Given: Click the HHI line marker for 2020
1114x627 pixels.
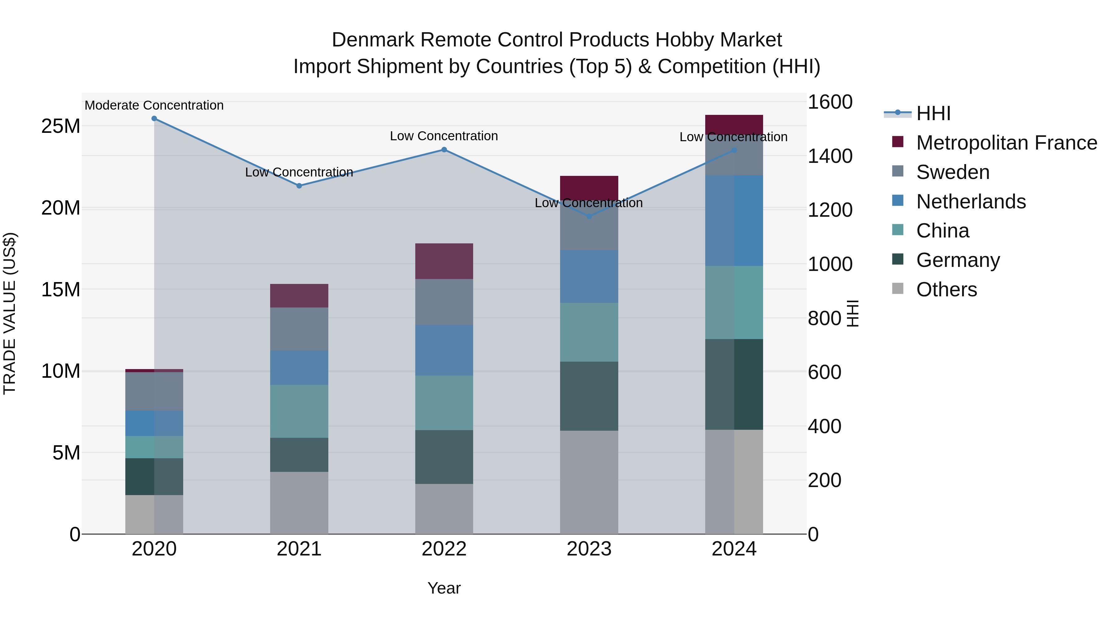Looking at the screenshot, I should point(154,119).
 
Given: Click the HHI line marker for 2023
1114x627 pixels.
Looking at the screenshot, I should point(589,216).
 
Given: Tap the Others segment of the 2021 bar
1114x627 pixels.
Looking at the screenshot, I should point(299,503).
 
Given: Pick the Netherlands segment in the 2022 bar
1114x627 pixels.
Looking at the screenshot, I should point(444,350).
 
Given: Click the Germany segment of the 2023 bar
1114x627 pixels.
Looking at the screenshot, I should point(589,396).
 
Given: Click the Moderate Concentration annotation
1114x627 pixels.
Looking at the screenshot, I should point(154,105).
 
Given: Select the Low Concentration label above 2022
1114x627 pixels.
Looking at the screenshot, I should point(444,136).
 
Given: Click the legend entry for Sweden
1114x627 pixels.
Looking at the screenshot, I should point(953,172).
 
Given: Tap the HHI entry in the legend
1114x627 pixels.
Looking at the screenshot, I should point(933,113).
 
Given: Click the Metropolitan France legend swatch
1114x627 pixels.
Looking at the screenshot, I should point(898,142).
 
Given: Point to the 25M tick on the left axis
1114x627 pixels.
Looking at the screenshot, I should point(61,126).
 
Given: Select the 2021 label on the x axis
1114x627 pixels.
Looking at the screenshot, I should point(299,549).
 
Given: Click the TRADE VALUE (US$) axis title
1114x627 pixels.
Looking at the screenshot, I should point(10,313).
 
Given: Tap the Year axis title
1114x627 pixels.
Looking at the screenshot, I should point(444,588).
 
